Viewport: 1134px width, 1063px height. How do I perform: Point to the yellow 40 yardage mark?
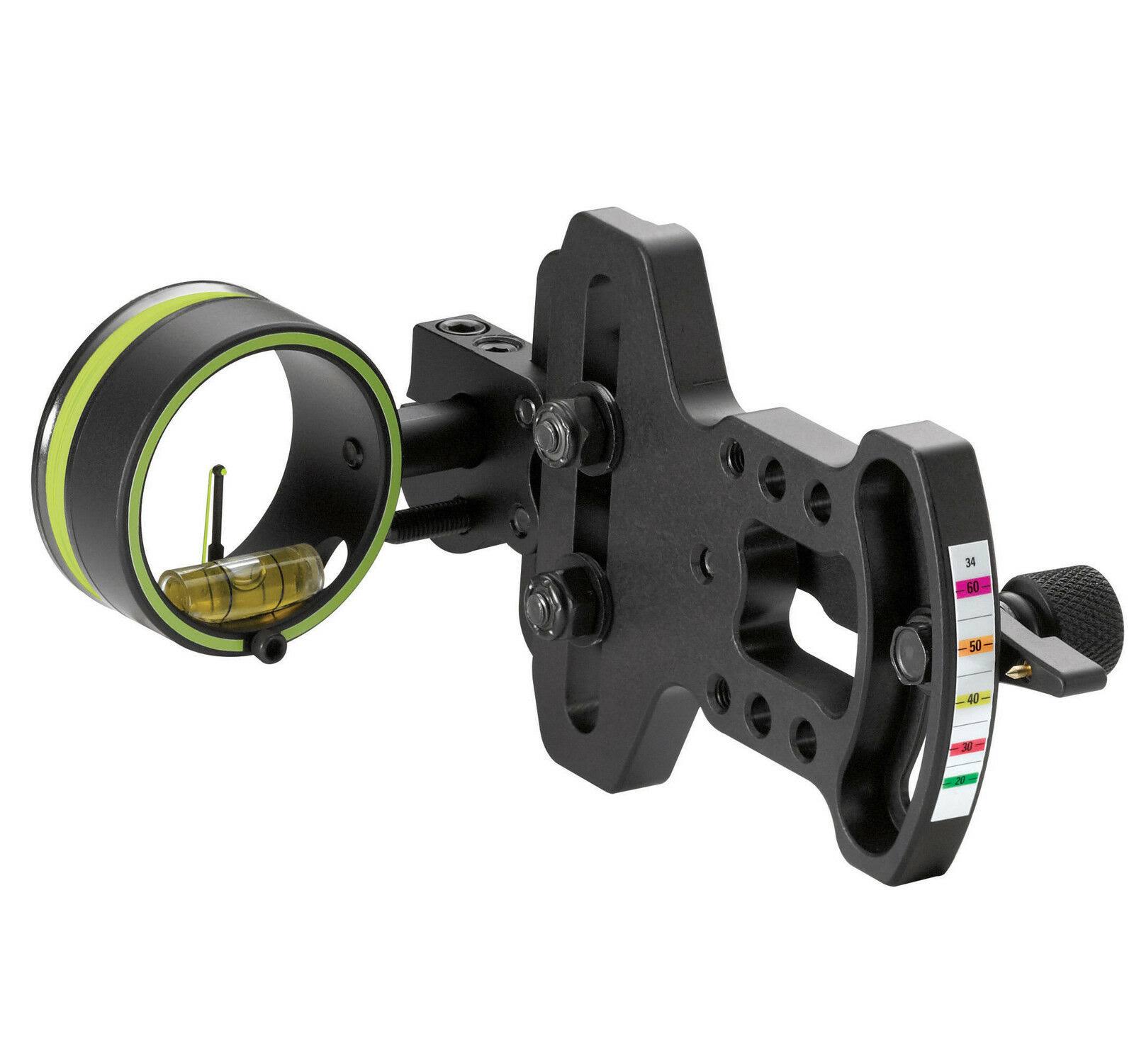pos(972,699)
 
